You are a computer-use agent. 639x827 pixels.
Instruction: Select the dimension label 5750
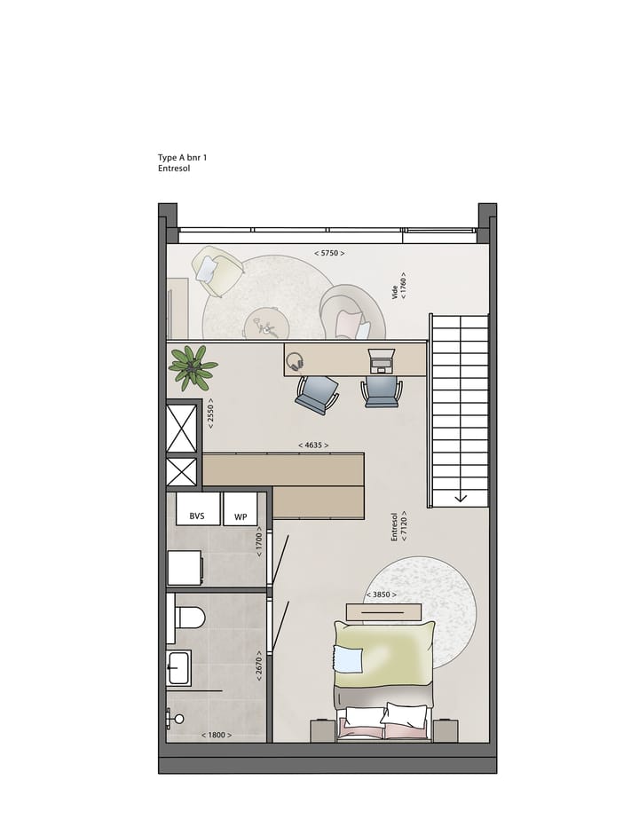pos(329,254)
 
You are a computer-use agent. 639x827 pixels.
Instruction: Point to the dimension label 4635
pos(313,445)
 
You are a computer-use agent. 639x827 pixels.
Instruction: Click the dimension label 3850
pos(381,595)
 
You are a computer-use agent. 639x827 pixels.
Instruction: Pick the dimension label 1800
pos(217,735)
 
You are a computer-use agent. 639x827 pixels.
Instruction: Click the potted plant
pos(192,365)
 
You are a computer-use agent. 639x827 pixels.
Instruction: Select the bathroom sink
pos(178,668)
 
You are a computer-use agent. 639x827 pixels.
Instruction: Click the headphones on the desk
pos(296,360)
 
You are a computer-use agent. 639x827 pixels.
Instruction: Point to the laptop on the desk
pos(382,360)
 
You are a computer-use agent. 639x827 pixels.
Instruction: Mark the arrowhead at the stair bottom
pos(461,497)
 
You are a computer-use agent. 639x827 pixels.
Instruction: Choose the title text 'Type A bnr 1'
pos(183,157)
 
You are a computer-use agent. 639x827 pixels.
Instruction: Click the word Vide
pos(396,292)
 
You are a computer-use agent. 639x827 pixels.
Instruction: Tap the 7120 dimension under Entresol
pos(405,525)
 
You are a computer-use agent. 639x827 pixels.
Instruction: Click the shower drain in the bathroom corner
pos(178,719)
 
